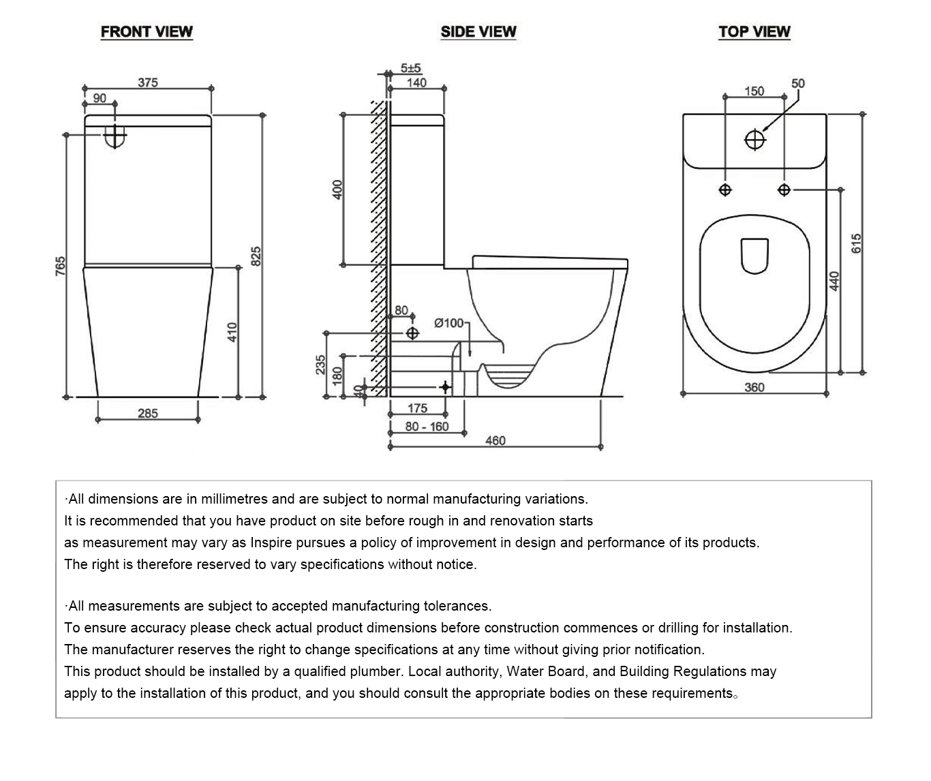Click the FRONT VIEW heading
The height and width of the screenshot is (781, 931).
147,31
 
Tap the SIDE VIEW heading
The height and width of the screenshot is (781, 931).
478,31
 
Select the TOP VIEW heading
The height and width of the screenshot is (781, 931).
754,31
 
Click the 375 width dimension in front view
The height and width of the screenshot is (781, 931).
148,82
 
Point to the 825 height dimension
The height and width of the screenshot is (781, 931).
256,256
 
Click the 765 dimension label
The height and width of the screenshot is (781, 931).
60,266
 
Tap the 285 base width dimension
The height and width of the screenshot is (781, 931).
148,413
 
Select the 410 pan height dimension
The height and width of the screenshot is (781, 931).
232,332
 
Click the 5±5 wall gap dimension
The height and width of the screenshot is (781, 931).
410,68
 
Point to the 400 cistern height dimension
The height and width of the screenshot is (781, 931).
337,189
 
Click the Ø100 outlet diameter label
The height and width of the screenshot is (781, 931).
449,323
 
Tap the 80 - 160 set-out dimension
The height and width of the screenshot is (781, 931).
427,427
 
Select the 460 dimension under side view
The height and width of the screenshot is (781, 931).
495,440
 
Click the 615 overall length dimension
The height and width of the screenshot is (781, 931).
856,243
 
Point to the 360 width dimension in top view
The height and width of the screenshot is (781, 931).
754,387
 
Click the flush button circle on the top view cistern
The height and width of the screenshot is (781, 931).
755,140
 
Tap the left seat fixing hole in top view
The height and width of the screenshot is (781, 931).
725,190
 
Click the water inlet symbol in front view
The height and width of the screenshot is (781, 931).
115,136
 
